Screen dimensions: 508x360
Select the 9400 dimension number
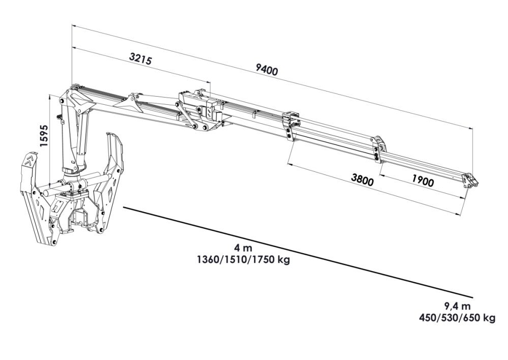tap(267, 69)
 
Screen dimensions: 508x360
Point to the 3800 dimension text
tap(362, 179)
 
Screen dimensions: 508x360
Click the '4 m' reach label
tap(243, 249)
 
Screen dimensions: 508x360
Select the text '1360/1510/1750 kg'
tap(243, 260)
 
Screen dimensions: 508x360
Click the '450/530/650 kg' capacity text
tap(457, 317)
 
